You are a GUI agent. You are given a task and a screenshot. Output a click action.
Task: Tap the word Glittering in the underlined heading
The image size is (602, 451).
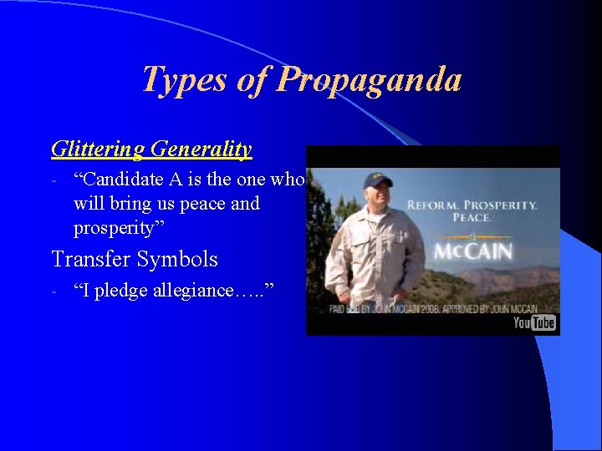[x=99, y=149]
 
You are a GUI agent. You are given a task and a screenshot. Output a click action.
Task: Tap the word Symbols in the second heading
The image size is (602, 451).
[x=178, y=259]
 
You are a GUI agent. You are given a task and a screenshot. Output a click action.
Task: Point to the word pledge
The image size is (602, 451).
[x=120, y=291]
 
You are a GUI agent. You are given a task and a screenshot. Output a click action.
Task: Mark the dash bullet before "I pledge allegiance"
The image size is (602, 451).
[x=53, y=291]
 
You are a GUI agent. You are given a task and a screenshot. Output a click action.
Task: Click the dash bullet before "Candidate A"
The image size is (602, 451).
[x=53, y=180]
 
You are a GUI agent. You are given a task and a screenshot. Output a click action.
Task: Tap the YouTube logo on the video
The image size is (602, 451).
[x=534, y=322]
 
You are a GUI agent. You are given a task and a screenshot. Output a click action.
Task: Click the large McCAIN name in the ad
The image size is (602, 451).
[x=472, y=252]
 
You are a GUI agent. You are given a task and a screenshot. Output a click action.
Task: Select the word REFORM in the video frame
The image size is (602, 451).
[x=431, y=205]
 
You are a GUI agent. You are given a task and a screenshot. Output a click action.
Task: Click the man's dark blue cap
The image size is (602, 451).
[x=378, y=179]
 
